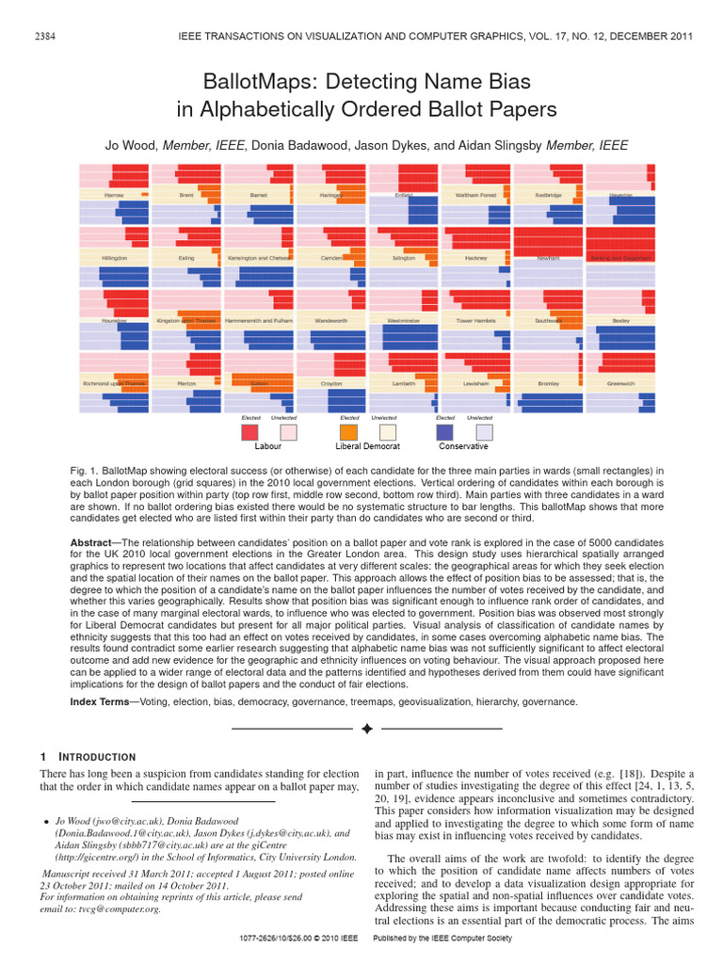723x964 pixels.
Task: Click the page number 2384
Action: point(42,36)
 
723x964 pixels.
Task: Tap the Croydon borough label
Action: point(331,384)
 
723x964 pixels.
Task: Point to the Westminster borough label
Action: point(403,321)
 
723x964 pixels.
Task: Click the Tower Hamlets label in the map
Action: point(475,321)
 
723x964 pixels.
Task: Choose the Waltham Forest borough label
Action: point(475,195)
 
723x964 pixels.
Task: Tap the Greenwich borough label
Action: point(620,384)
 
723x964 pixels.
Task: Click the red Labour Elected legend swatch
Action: point(249,432)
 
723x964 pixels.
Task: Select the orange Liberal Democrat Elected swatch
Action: point(348,432)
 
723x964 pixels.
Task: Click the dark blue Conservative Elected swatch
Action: point(445,432)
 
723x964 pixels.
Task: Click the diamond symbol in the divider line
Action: point(367,729)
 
